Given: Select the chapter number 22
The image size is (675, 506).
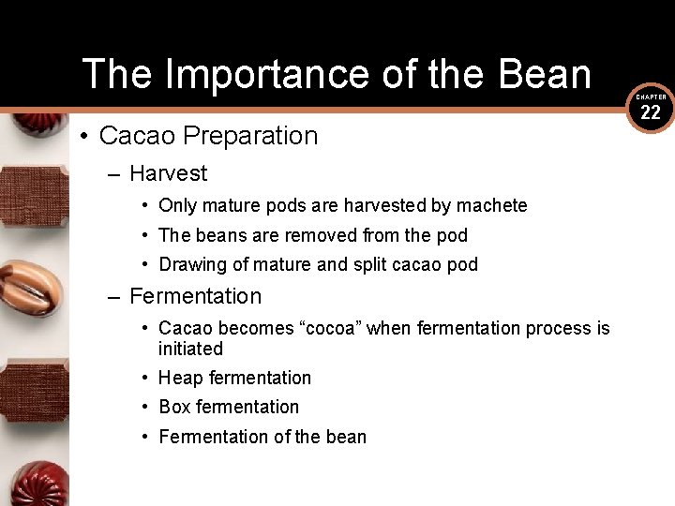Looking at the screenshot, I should coord(651,113).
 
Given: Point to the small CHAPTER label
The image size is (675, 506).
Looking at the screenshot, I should coord(651,97).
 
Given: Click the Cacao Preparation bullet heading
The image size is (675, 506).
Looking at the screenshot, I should coord(208,136).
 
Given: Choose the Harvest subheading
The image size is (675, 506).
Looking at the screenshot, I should coord(169,173).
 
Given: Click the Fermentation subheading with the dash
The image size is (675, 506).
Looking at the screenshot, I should coord(195,296).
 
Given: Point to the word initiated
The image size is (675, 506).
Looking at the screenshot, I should coord(190,349).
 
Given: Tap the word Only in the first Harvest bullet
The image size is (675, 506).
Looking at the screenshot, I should coord(178,205).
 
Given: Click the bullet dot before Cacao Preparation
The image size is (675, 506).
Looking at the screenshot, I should coord(84,137).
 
